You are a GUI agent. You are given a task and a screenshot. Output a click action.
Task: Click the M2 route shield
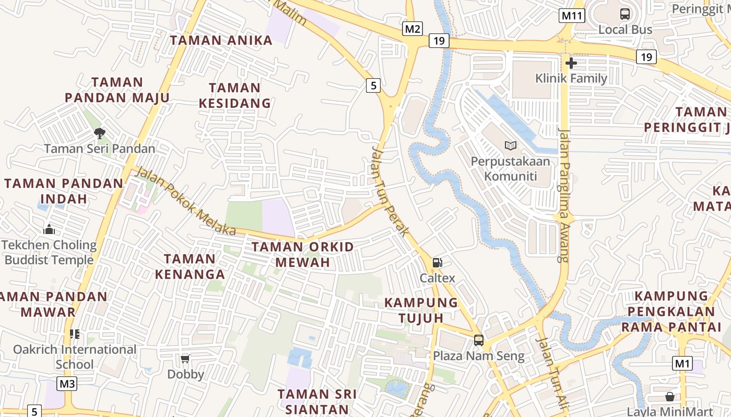412,29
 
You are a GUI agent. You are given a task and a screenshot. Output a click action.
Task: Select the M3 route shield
67,384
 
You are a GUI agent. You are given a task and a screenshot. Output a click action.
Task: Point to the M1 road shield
682,363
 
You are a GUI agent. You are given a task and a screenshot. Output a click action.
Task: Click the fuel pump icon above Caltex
438,263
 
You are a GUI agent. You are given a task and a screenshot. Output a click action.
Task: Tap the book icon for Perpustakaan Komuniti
510,146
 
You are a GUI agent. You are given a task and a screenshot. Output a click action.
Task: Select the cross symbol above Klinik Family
571,63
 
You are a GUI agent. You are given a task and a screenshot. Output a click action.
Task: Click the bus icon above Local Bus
625,14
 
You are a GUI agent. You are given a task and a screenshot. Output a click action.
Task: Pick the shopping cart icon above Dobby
185,359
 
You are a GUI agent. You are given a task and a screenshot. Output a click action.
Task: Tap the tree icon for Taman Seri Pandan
99,133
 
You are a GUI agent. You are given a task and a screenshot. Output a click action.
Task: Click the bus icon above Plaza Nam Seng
478,340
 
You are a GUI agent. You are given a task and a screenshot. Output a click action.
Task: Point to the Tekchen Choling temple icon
49,229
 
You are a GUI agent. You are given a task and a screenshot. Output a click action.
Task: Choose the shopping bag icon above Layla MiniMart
670,397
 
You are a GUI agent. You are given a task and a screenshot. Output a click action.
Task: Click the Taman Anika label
221,40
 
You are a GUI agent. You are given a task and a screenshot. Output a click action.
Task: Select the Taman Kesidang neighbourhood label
235,95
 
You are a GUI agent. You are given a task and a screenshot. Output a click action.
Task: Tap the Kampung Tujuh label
421,310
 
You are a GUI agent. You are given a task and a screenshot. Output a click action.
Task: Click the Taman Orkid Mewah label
303,254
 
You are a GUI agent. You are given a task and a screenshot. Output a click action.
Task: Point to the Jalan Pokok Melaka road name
185,201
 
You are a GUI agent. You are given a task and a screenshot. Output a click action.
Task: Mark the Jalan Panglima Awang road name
562,194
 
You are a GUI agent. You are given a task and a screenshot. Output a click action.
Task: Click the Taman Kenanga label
194,266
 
